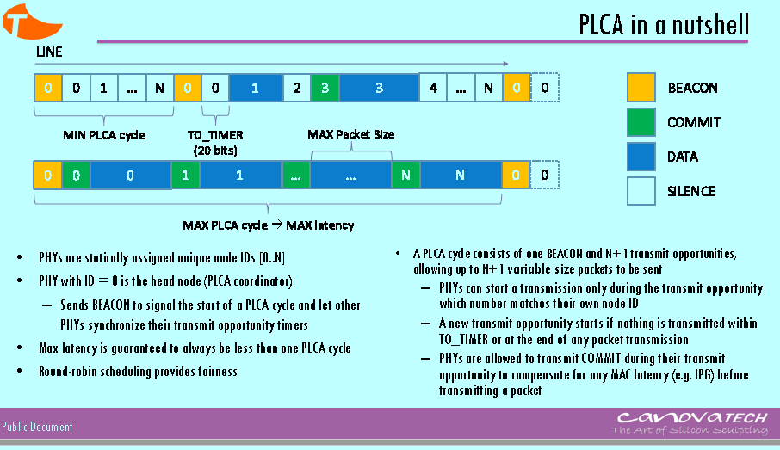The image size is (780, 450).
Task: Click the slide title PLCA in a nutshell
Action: click(x=663, y=24)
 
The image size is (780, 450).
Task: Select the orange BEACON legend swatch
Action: click(x=641, y=88)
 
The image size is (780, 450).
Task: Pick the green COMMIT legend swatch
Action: click(x=641, y=122)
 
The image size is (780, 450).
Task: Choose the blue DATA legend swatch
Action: click(x=641, y=157)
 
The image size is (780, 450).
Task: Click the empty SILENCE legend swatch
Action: click(x=641, y=191)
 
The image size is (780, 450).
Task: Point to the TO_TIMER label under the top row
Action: click(x=215, y=135)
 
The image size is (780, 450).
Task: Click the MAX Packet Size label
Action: click(x=351, y=135)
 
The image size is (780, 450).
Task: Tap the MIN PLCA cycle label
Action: click(x=104, y=135)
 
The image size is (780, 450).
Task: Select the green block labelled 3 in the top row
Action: click(x=325, y=88)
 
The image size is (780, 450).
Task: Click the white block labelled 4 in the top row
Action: click(x=433, y=88)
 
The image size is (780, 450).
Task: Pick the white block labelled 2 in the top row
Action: click(x=296, y=88)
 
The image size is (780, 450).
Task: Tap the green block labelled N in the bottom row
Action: click(x=405, y=175)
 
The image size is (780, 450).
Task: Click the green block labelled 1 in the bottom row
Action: click(x=185, y=175)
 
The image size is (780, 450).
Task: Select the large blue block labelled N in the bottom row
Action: click(x=461, y=175)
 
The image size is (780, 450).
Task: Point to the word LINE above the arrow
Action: click(x=49, y=52)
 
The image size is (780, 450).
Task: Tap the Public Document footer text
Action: click(x=37, y=427)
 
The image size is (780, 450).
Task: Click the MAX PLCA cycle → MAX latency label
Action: click(x=268, y=225)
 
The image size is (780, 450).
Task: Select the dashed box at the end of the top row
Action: click(x=544, y=88)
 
